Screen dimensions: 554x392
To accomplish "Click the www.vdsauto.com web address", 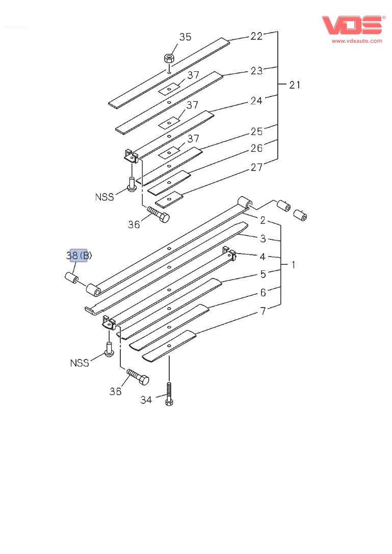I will click(356, 41).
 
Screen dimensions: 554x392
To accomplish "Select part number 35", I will click(185, 37).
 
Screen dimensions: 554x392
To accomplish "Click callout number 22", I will click(256, 36).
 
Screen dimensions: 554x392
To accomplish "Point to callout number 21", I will click(295, 85).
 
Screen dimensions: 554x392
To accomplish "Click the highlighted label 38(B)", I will click(79, 256).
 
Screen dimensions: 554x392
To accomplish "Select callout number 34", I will click(146, 400).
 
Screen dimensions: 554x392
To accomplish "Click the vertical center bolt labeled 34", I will click(169, 395).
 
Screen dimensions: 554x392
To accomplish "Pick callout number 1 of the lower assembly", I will click(293, 265).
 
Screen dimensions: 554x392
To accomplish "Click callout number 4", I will click(263, 257).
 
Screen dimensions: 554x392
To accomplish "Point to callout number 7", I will click(263, 311).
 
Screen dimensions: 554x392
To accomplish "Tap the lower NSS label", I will click(80, 363).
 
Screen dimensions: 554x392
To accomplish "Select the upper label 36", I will click(134, 224).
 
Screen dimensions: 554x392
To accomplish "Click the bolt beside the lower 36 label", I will click(138, 377).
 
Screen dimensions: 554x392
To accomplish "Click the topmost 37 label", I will click(192, 75).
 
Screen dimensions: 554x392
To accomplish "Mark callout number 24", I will click(256, 101).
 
